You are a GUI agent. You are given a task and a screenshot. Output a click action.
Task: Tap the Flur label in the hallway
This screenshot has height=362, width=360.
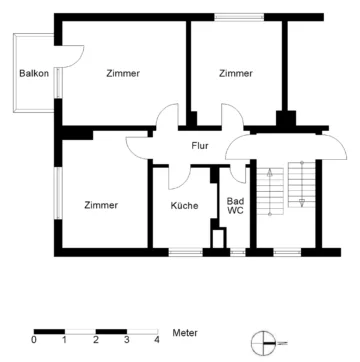click(200, 146)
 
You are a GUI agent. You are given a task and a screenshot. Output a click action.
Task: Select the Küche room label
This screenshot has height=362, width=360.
click(183, 206)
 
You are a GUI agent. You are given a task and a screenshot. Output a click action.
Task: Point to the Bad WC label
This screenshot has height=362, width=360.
click(236, 205)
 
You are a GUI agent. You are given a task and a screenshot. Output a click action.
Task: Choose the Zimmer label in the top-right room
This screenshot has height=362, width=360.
click(236, 73)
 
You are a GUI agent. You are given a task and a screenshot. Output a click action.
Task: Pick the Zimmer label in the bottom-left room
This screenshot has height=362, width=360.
click(101, 205)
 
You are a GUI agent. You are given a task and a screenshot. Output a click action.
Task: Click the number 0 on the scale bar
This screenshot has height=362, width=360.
click(34, 341)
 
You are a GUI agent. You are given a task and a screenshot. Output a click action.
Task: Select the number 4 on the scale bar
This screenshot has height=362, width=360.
click(157, 341)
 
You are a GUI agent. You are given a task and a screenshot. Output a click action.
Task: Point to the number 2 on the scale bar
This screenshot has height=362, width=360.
click(95, 341)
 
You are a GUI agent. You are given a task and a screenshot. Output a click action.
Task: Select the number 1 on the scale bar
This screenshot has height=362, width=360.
click(65, 341)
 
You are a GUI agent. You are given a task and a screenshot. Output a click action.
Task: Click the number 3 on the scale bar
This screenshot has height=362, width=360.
click(126, 341)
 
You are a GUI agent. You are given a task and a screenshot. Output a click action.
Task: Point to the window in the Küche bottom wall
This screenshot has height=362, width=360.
click(183, 250)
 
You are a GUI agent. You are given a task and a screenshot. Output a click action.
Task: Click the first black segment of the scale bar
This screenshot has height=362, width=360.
click(49, 331)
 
